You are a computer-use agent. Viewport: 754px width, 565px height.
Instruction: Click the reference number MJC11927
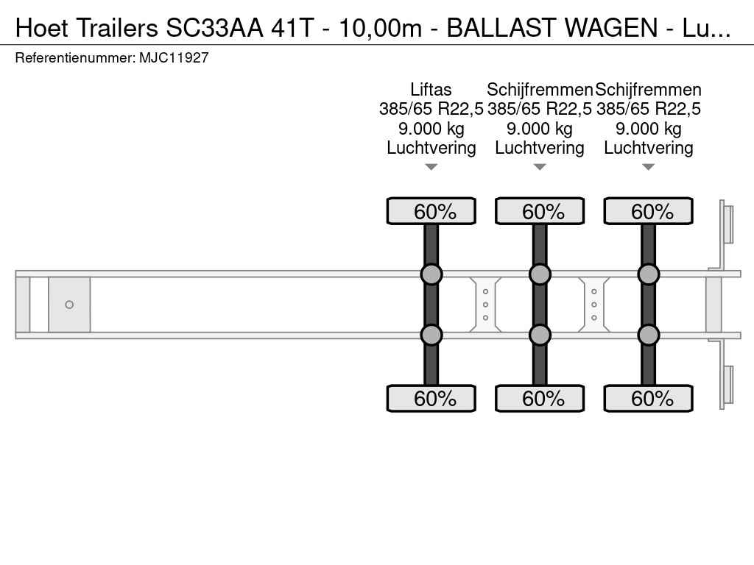[x=174, y=57]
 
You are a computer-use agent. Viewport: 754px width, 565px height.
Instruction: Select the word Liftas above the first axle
[x=431, y=89]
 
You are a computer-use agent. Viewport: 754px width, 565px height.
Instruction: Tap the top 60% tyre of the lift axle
[x=431, y=211]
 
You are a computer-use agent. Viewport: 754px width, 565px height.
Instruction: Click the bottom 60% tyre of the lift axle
[x=431, y=398]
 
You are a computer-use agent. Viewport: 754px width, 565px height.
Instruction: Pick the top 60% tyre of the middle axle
[x=540, y=211]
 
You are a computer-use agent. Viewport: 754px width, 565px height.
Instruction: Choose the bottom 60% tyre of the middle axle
[x=540, y=398]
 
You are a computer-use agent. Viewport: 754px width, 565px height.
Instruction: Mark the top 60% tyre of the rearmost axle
[x=648, y=211]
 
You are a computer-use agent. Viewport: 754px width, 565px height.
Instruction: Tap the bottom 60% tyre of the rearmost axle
[x=648, y=398]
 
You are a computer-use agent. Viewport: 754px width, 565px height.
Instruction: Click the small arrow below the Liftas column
[x=431, y=167]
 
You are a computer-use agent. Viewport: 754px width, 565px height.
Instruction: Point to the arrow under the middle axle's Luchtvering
[x=540, y=167]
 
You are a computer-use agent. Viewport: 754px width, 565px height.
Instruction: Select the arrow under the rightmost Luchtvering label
[x=648, y=167]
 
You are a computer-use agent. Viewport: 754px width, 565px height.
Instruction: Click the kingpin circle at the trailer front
[x=69, y=305]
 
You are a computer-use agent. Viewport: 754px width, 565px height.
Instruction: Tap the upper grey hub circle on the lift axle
[x=431, y=274]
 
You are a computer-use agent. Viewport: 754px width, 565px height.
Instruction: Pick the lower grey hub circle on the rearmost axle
[x=648, y=335]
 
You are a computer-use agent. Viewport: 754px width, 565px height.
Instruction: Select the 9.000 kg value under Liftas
[x=431, y=129]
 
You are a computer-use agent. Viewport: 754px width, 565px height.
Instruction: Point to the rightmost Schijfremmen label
[x=648, y=89]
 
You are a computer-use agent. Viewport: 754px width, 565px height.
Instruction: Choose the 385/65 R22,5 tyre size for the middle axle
[x=540, y=109]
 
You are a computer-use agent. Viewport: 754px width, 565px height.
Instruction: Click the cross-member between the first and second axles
[x=485, y=305]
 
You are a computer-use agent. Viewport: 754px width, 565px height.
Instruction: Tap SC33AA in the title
[x=214, y=27]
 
